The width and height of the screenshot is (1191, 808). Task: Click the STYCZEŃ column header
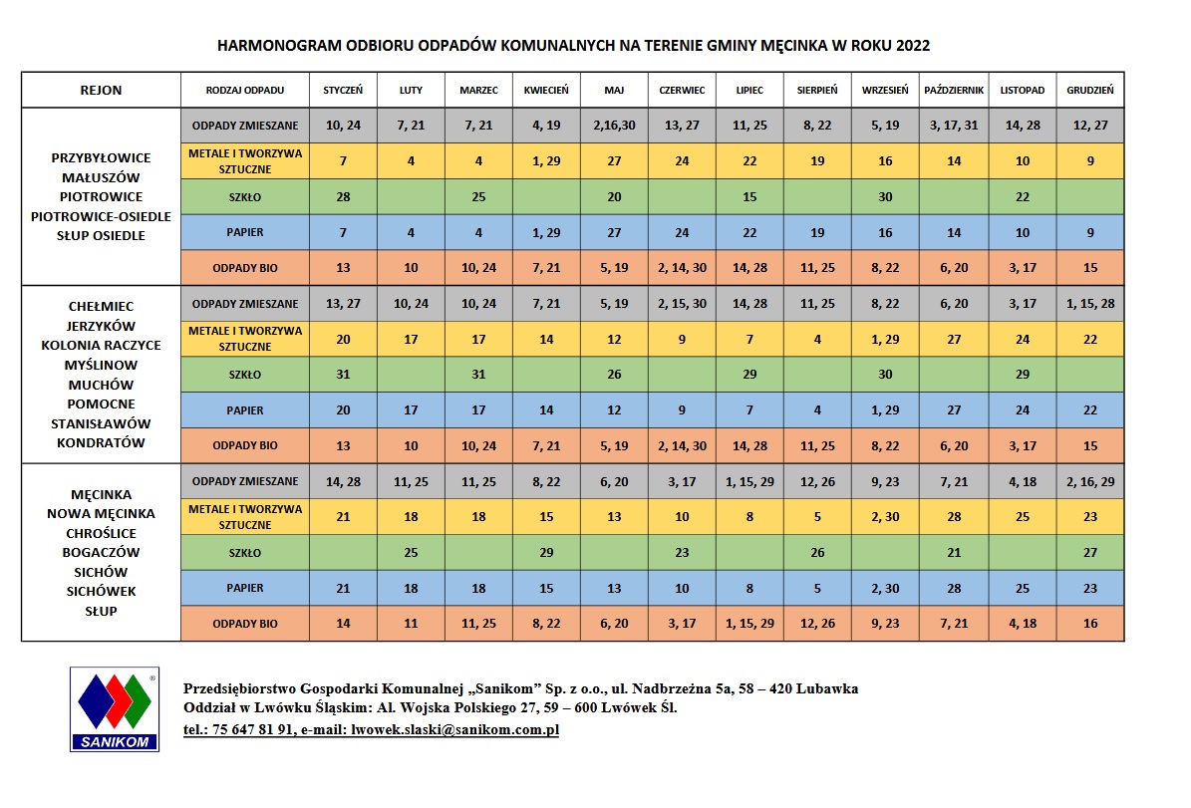pyautogui.click(x=343, y=90)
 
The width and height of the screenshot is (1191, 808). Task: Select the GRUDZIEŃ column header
pyautogui.click(x=1089, y=90)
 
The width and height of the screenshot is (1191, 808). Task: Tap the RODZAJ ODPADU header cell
pyautogui.click(x=244, y=90)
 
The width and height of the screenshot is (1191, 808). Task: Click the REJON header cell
pyautogui.click(x=101, y=90)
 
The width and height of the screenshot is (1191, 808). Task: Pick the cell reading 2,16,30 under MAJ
pyautogui.click(x=614, y=125)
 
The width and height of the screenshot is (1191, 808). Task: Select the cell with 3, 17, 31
pyautogui.click(x=954, y=125)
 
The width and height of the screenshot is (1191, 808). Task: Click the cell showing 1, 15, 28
pyautogui.click(x=1089, y=304)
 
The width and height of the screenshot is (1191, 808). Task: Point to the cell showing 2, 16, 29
pyautogui.click(x=1089, y=481)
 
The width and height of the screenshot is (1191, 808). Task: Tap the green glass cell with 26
pyautogui.click(x=817, y=553)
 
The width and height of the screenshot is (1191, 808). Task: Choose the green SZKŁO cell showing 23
pyautogui.click(x=682, y=553)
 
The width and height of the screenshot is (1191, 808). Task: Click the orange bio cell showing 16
pyautogui.click(x=1089, y=624)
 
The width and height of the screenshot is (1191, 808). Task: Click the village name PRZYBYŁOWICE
pyautogui.click(x=101, y=157)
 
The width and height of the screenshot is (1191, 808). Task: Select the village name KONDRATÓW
pyautogui.click(x=101, y=442)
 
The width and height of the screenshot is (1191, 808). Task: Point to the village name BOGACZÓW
pyautogui.click(x=101, y=552)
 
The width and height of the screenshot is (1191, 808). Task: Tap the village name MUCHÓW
pyautogui.click(x=101, y=385)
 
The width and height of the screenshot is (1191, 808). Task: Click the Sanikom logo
pyautogui.click(x=114, y=708)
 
